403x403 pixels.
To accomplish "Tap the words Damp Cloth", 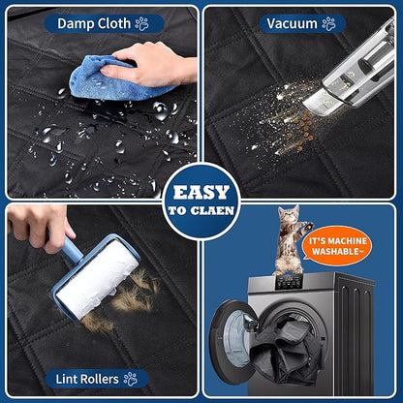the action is pos(94,23).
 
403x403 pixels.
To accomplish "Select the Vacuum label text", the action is pos(292,23).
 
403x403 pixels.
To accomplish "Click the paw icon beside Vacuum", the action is pos(328,23).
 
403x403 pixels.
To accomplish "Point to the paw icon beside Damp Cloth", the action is pos(141,23).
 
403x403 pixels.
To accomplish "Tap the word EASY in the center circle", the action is pos(201,193).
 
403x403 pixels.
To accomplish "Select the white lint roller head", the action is pos(98,278).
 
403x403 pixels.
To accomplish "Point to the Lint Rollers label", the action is pos(87,379).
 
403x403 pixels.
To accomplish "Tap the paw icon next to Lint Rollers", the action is pos(131,379).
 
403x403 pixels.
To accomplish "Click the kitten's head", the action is pos(288,215).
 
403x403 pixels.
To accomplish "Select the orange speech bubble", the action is pos(337,246).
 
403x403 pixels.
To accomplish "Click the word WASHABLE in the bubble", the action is pos(337,252).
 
